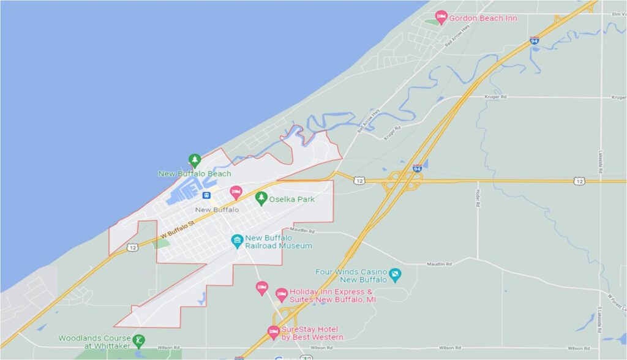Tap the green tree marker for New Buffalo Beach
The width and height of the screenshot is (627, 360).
point(195,160)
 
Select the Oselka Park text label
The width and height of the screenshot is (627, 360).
point(291,198)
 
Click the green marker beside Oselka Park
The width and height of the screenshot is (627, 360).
point(261,197)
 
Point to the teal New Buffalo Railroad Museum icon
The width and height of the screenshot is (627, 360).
point(237,241)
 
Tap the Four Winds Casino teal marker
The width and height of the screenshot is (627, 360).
point(395,274)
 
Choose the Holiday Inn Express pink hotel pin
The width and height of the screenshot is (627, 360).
point(281,294)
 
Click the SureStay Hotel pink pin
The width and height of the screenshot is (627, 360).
point(274,332)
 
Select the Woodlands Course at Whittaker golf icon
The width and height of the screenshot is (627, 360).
point(140,340)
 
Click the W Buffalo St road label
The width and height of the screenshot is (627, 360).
point(177,231)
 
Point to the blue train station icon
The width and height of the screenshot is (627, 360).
point(207,195)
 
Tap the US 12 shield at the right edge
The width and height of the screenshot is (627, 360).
point(579,181)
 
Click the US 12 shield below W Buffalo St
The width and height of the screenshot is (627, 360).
point(132,247)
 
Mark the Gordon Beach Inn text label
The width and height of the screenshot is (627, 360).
point(483,18)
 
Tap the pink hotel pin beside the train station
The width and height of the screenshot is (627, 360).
point(235,192)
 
